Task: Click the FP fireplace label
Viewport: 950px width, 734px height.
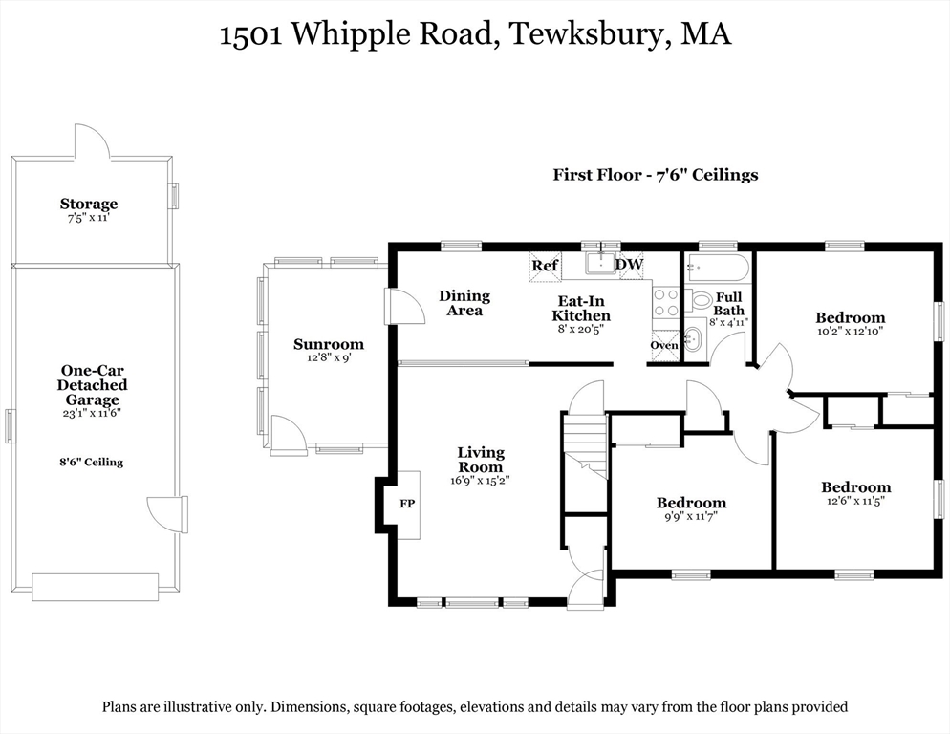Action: [407, 504]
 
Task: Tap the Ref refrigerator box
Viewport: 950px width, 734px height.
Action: [545, 266]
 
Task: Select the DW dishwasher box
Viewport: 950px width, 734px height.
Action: [630, 266]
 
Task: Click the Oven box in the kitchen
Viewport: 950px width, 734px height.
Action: [664, 346]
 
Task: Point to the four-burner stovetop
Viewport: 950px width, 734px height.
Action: [665, 302]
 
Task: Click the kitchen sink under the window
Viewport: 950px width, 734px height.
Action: [601, 262]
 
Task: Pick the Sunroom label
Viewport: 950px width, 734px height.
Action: [329, 344]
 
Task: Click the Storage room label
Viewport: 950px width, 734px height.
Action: [89, 204]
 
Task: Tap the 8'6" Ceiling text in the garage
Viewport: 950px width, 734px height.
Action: [91, 462]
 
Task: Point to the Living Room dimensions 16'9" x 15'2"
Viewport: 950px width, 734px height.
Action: [480, 481]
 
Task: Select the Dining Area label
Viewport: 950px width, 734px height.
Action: [464, 303]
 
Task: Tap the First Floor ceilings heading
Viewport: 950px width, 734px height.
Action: [655, 175]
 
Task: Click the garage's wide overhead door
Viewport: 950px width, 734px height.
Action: [96, 587]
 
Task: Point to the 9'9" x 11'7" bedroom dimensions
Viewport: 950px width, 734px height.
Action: [691, 517]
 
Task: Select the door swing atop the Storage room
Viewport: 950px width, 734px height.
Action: [92, 141]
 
